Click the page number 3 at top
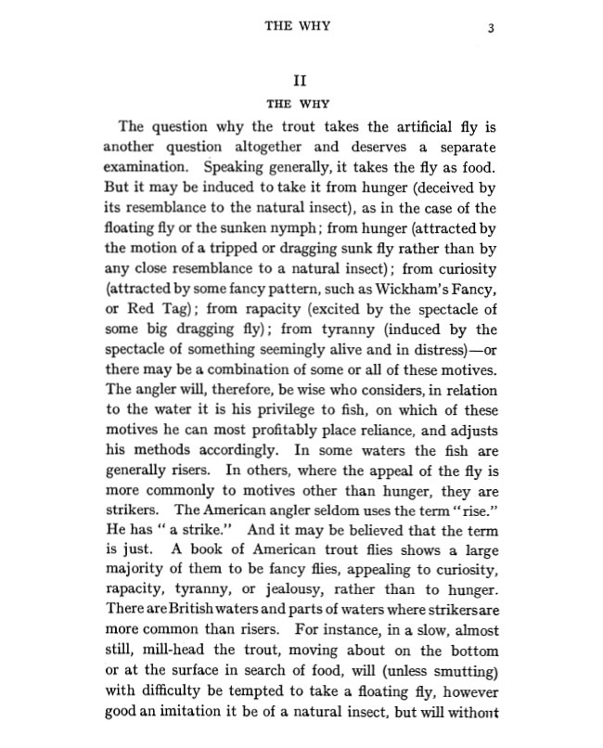[491, 28]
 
